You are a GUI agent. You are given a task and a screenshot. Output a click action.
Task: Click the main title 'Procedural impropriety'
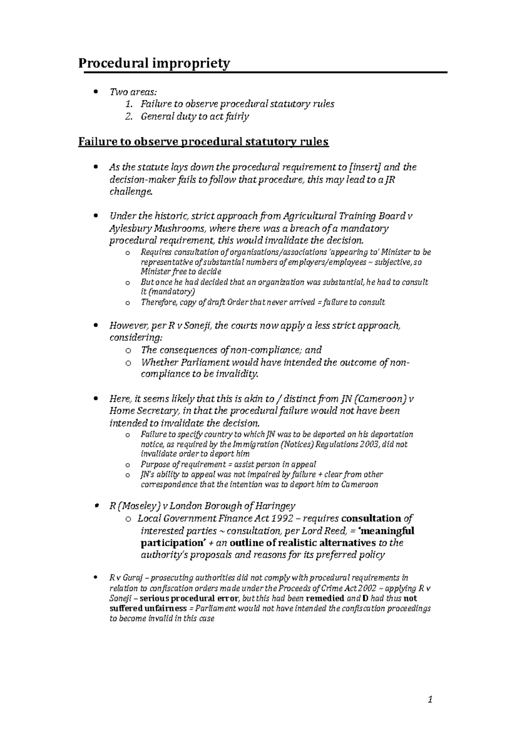[x=154, y=64]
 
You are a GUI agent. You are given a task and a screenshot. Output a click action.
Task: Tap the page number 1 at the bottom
[x=430, y=701]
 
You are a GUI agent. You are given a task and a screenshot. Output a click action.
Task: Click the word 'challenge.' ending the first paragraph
[x=131, y=192]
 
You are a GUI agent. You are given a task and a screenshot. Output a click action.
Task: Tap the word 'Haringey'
[x=274, y=506]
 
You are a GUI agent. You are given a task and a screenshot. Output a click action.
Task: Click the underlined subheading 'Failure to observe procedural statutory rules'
[x=203, y=142]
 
